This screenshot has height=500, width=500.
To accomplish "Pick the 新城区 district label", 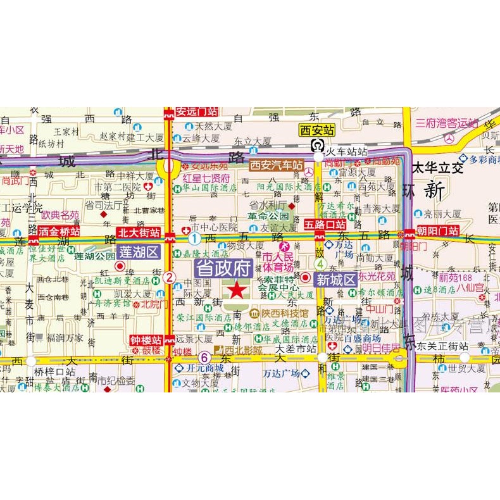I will [335, 279].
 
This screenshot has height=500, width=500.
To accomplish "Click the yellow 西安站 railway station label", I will [316, 130].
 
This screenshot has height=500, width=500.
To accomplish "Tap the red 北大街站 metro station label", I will [138, 232].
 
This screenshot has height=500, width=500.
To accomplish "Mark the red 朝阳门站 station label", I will [436, 231].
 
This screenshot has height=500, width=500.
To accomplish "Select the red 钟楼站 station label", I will [146, 339].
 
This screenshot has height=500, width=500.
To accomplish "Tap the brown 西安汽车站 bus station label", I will [275, 165].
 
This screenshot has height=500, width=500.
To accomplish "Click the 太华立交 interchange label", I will [437, 168].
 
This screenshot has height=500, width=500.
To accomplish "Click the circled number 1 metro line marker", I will [194, 238].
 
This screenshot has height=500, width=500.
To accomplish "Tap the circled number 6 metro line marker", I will [204, 357].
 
